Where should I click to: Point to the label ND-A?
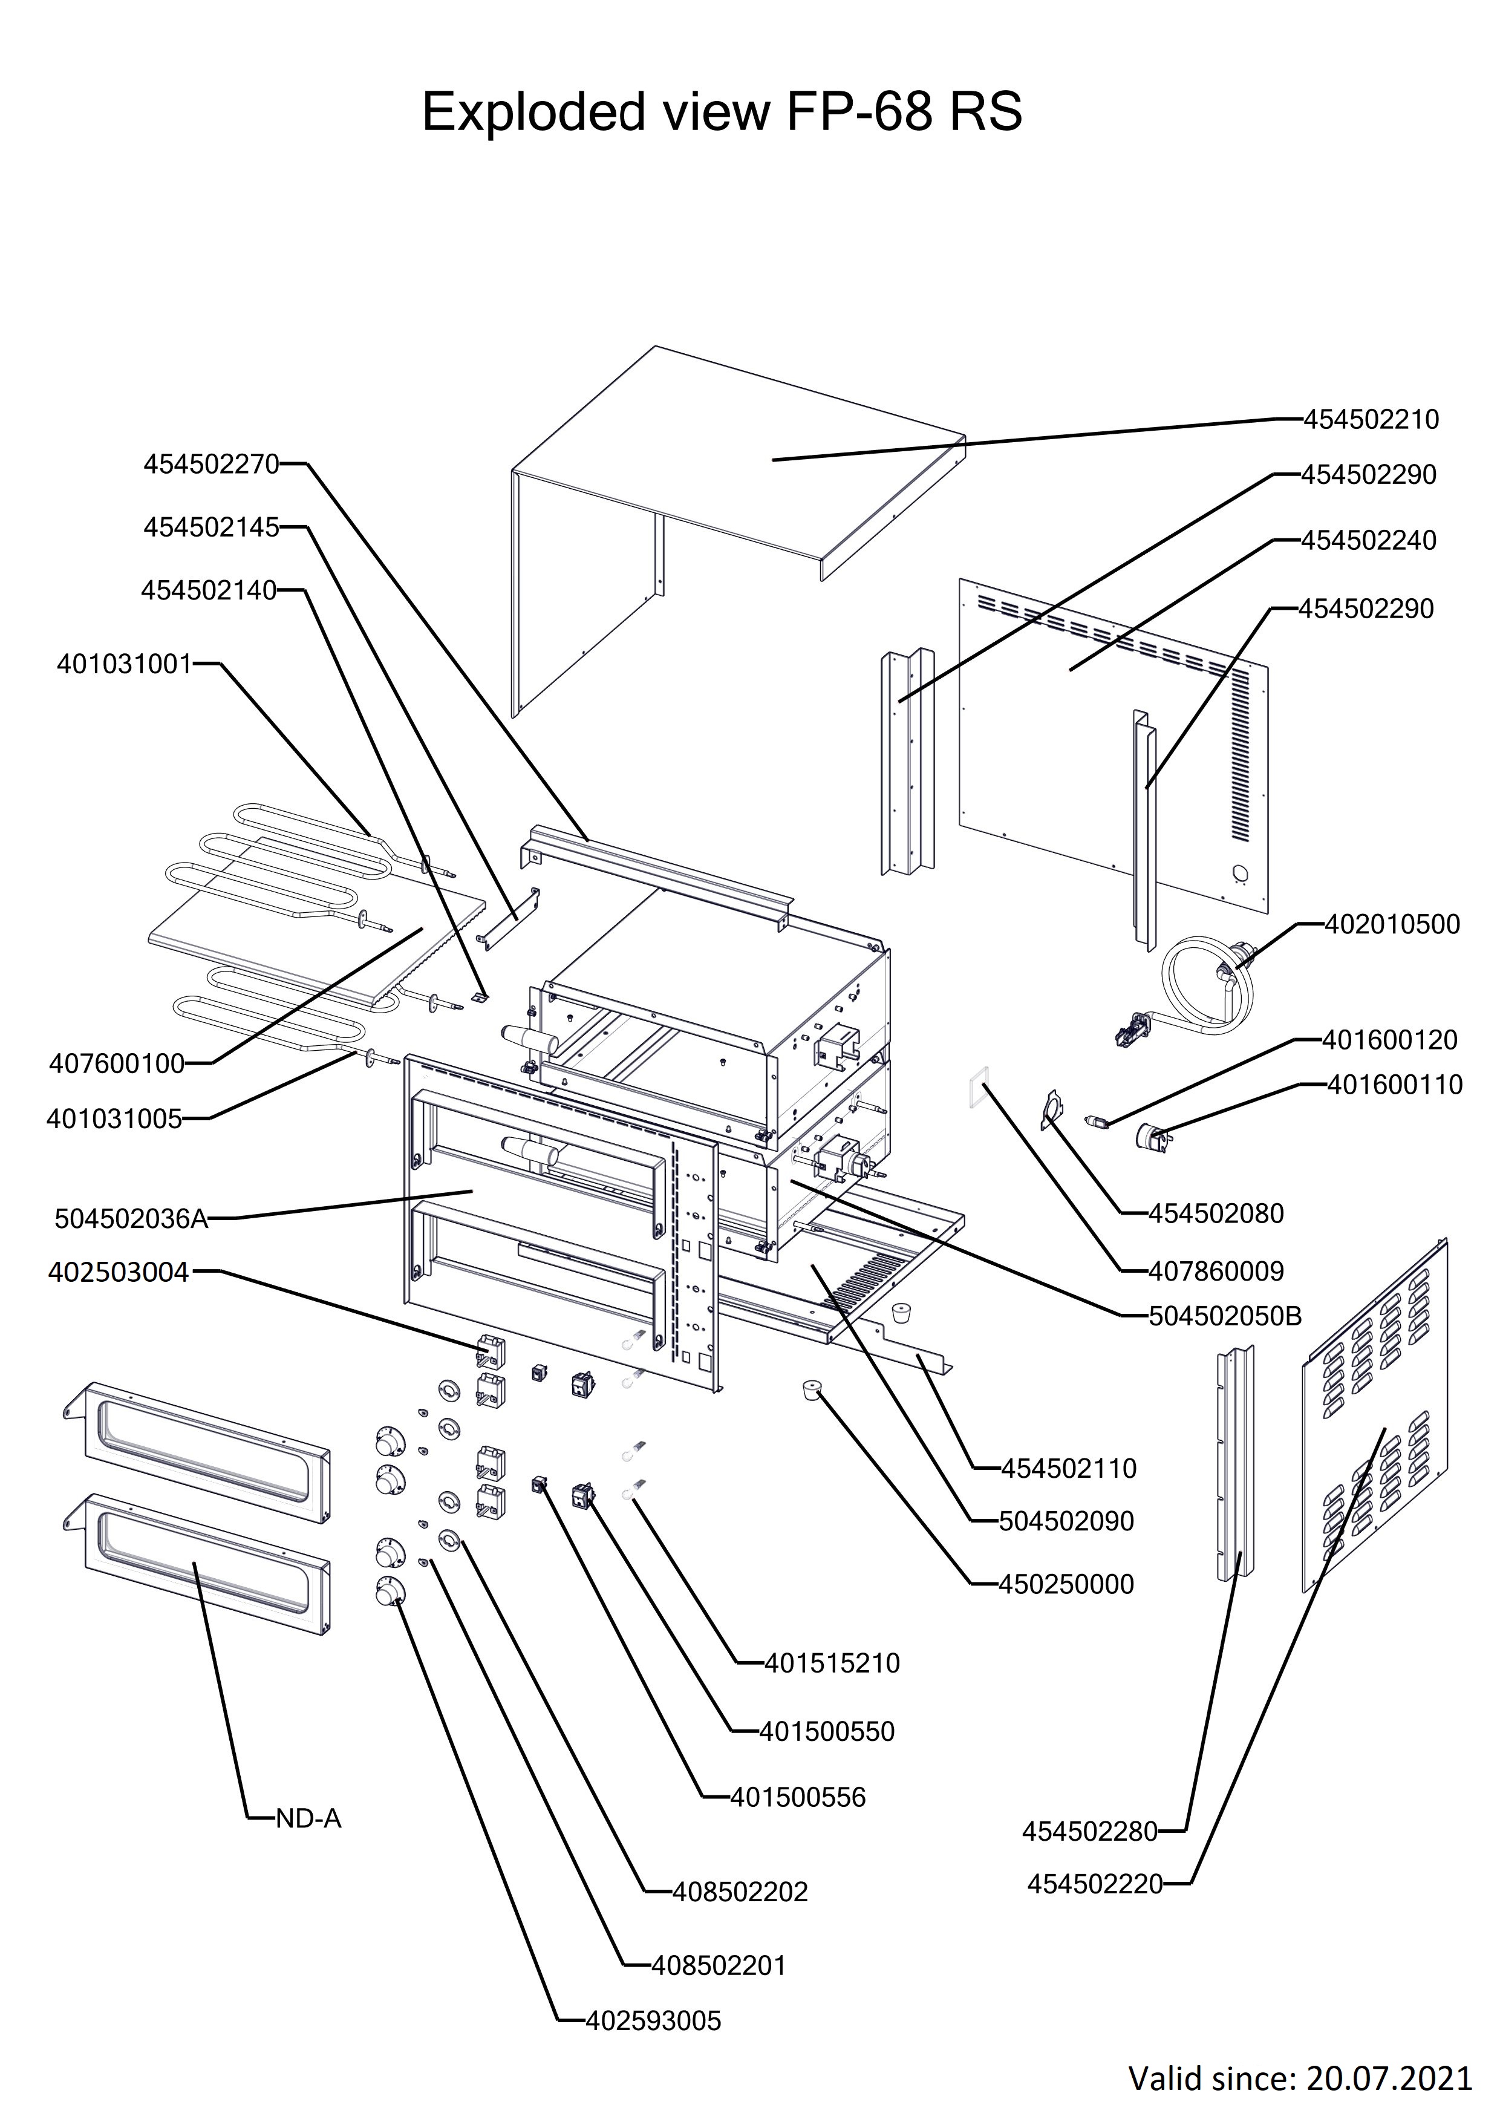pos(308,1819)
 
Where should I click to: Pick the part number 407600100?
pos(117,1064)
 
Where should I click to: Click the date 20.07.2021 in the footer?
pos(1388,2078)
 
